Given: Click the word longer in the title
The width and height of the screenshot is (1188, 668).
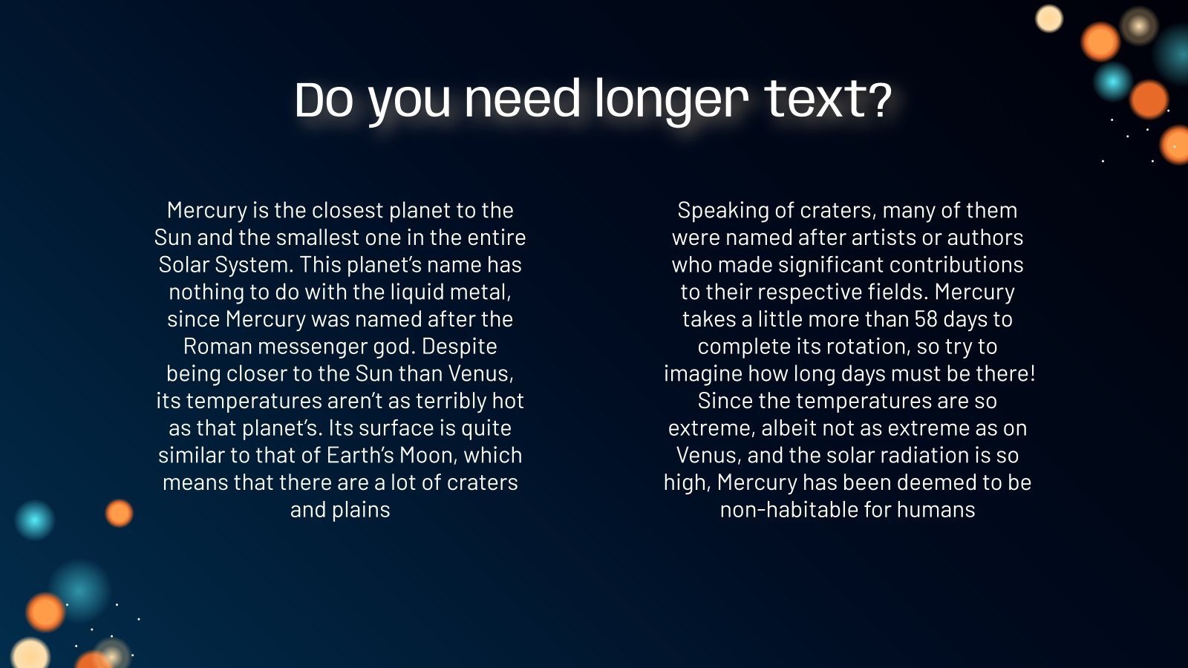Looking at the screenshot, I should click(x=671, y=100).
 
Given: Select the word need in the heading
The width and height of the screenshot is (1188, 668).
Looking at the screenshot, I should click(x=522, y=100).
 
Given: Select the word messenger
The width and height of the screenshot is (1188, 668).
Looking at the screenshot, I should click(x=312, y=347).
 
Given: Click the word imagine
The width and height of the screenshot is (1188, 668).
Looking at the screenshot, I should click(x=702, y=374).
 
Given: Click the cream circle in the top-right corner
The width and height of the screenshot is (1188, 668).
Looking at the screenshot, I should click(x=1049, y=19).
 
